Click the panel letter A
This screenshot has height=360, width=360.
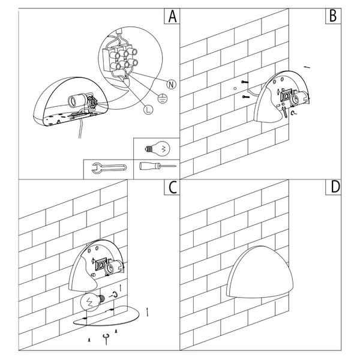tap(172, 16)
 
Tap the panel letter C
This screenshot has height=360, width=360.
tap(172, 187)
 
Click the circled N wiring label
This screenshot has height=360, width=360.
tap(171, 85)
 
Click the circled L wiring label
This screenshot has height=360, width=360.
tap(148, 110)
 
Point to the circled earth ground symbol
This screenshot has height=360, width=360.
tap(163, 98)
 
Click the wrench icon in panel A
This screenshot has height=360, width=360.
tap(109, 168)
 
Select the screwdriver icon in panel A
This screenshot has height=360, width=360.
tap(157, 166)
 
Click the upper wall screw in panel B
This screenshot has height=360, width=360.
tap(245, 82)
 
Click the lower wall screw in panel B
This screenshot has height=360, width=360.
tap(245, 97)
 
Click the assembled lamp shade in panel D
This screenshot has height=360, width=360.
tap(260, 271)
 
